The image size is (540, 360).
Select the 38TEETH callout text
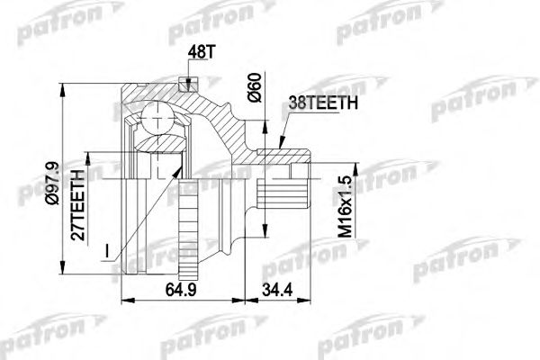click(323, 104)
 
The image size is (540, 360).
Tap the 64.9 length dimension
click(179, 290)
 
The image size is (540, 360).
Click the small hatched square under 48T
click(186, 85)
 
